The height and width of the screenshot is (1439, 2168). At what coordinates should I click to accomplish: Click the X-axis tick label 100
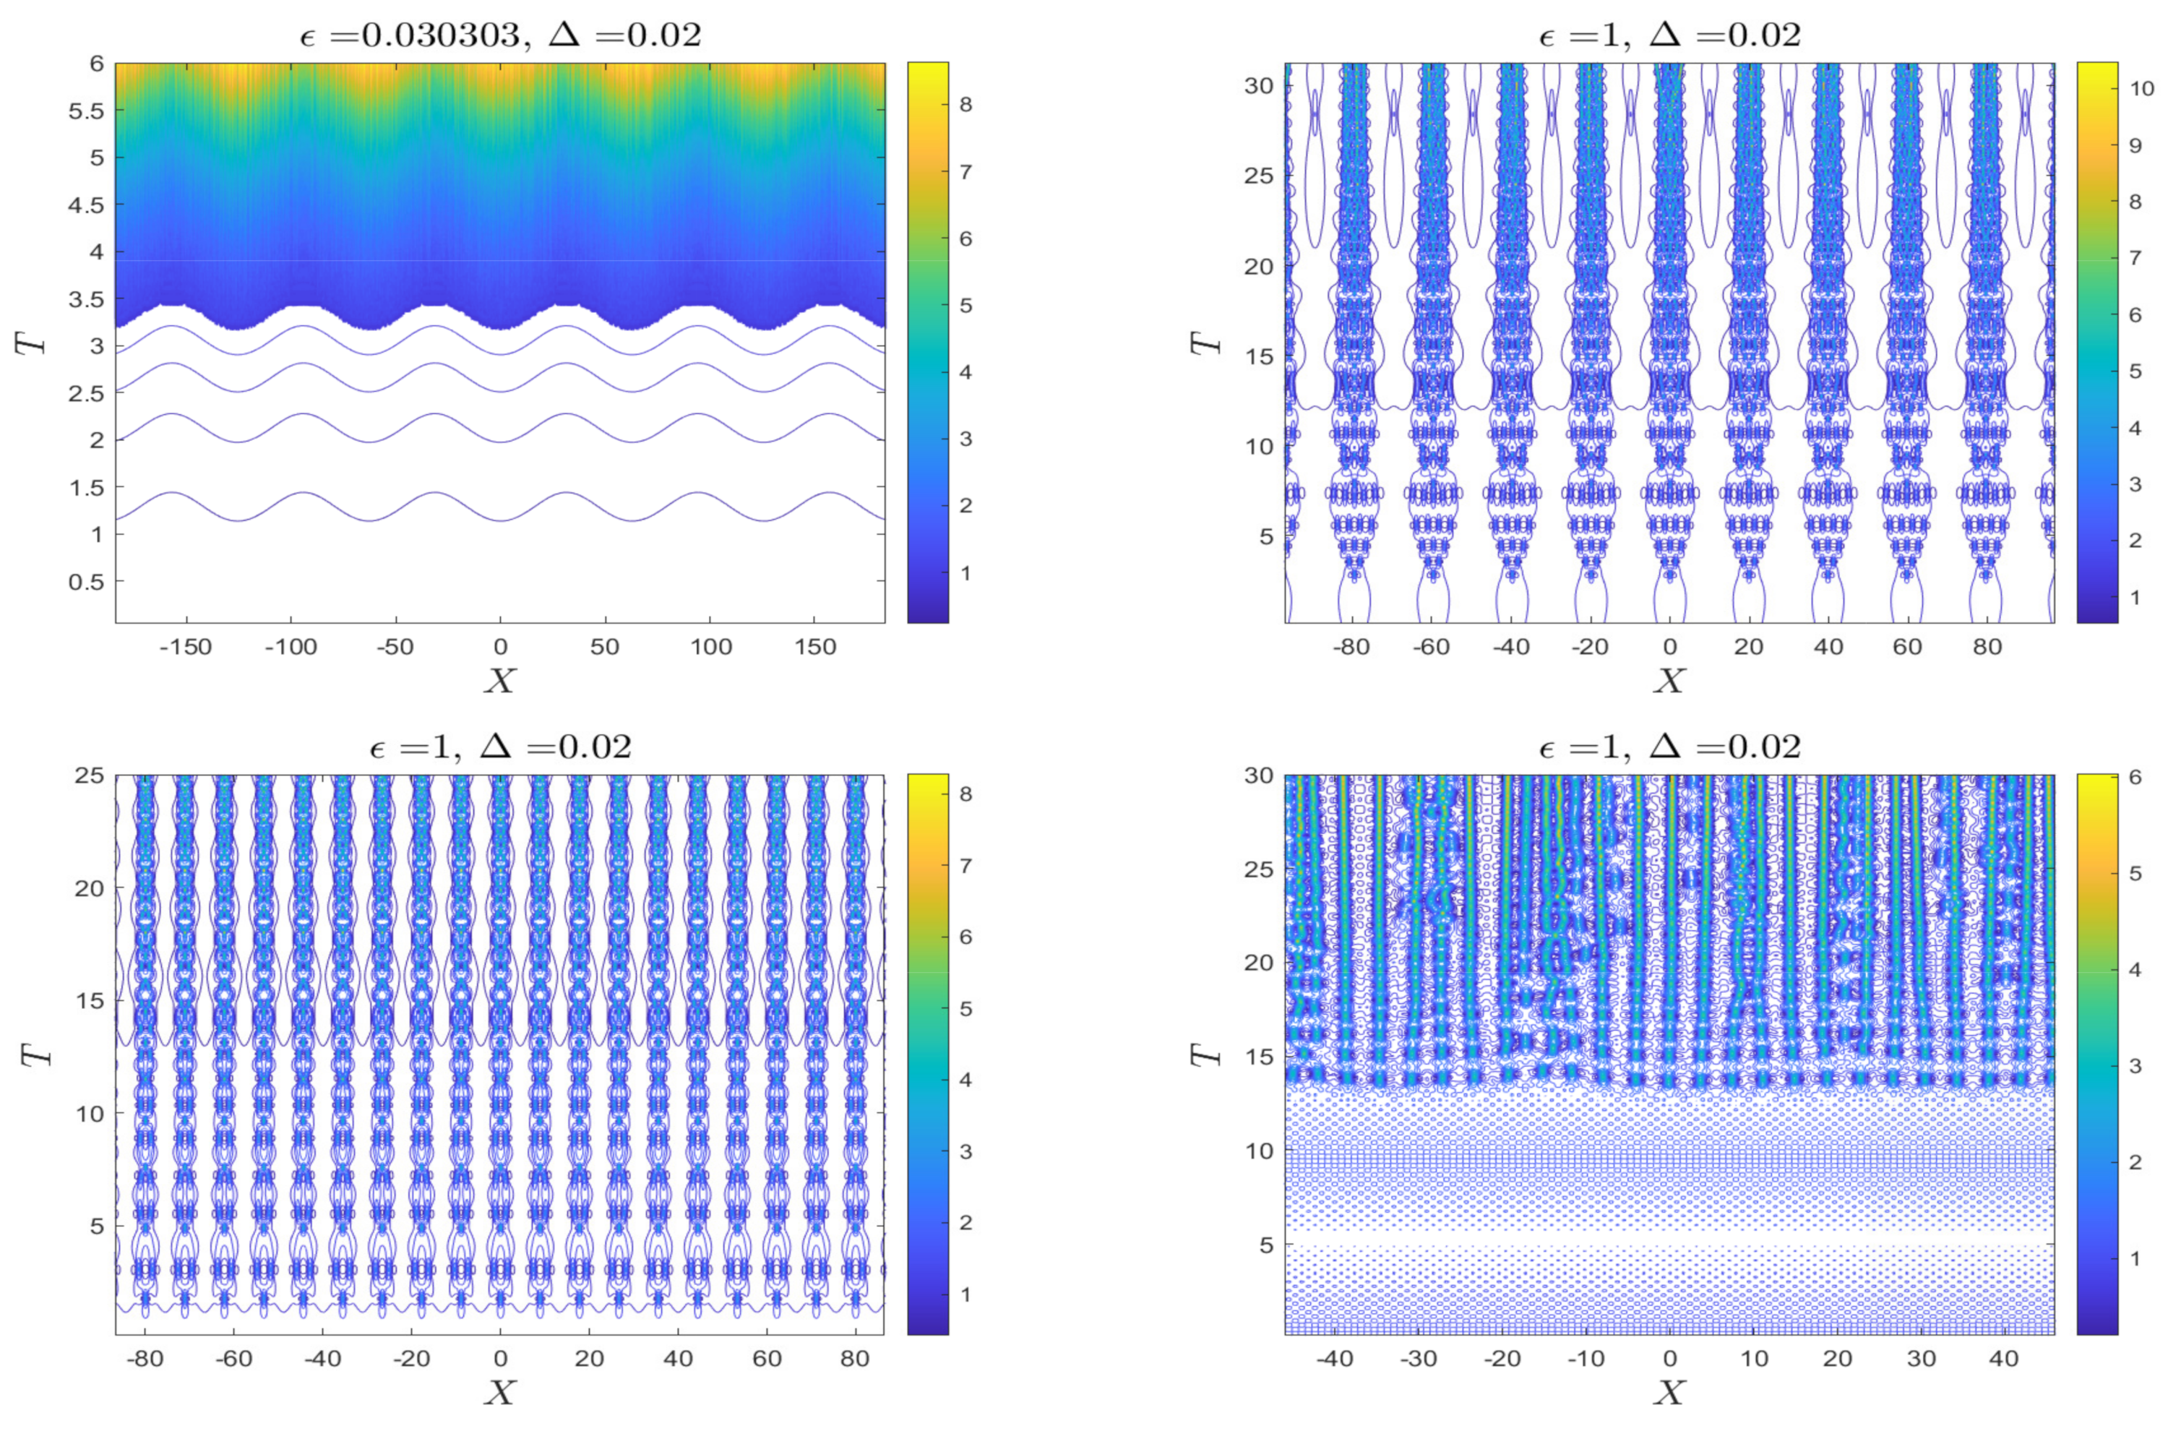[711, 647]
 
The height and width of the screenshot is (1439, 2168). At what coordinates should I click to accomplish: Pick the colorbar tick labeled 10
[2141, 88]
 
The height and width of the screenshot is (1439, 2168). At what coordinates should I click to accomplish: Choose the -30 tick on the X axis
[1419, 1357]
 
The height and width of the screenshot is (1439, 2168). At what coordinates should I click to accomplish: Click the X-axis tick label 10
[1753, 1357]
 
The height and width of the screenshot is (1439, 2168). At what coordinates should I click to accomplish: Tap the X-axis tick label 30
[1921, 1357]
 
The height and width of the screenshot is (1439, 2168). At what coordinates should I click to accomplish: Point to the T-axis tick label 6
[96, 64]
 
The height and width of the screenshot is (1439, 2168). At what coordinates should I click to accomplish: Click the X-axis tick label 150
[816, 647]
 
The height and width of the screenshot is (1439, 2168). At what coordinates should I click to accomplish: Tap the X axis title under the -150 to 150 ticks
[500, 680]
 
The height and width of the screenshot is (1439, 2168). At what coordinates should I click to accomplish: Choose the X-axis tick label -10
[1586, 1357]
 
